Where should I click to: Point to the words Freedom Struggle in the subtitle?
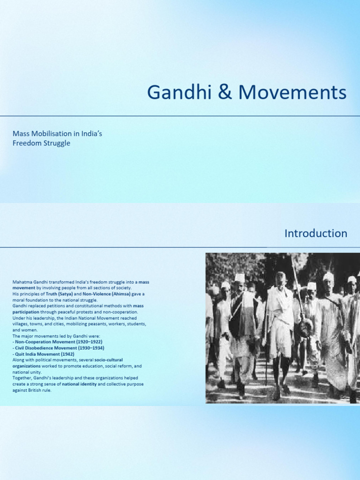41,143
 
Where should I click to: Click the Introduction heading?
316,233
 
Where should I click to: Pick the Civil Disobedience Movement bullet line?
58,348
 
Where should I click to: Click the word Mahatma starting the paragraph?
22,282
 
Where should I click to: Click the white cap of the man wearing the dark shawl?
240,277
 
